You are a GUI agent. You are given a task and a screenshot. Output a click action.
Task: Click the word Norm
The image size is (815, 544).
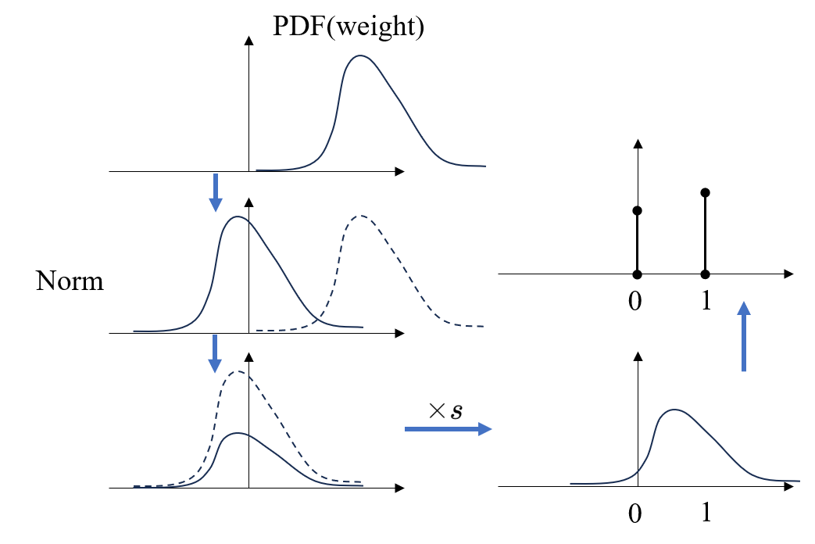tap(70, 281)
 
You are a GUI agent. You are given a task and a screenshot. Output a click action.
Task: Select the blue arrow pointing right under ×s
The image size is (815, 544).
tap(448, 428)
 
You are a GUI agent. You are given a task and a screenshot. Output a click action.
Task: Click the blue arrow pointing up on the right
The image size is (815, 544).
tap(744, 336)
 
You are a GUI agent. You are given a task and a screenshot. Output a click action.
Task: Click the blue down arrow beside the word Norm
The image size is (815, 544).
tap(216, 354)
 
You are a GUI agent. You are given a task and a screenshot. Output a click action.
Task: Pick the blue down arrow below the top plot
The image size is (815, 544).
tap(216, 192)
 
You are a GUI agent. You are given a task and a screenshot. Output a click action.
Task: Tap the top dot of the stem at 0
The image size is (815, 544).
tap(638, 211)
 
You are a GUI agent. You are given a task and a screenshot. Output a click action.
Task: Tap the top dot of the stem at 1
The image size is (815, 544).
tap(706, 192)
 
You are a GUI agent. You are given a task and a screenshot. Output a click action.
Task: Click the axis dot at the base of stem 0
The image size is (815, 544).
tap(638, 274)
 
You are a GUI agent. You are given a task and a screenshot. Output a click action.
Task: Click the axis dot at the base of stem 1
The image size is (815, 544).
tap(706, 274)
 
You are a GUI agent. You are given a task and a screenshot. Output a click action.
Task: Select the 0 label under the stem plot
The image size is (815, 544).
tap(635, 301)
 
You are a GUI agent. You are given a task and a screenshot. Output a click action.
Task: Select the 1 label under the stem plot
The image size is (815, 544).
tap(705, 301)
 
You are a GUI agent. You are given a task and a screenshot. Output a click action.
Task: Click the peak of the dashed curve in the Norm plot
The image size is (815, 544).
tap(360, 216)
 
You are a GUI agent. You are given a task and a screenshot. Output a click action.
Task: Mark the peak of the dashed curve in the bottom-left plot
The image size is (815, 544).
tap(238, 372)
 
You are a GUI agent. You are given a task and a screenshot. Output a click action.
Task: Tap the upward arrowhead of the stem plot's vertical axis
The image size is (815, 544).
tap(638, 144)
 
